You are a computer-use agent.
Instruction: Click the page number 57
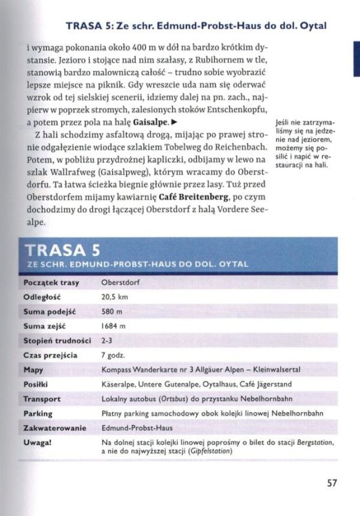[x=331, y=482]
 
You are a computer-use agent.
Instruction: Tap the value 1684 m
[x=113, y=325]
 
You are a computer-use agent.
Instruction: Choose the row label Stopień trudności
[x=57, y=340]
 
